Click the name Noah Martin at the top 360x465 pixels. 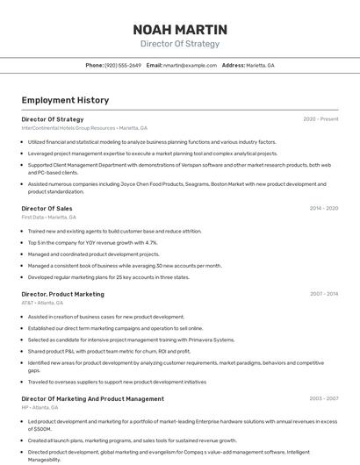click(180, 29)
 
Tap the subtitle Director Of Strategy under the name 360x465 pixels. click(180, 44)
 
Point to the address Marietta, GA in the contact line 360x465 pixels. click(259, 65)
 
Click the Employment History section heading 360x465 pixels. click(65, 100)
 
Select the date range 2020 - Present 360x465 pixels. click(320, 118)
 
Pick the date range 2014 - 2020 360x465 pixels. click(324, 208)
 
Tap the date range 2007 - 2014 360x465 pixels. click(324, 294)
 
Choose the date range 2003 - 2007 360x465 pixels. click(324, 398)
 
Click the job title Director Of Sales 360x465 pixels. click(47, 208)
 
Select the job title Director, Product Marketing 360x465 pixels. click(62, 294)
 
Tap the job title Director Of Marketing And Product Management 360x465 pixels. click(92, 398)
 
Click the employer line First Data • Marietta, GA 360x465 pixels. click(48, 217)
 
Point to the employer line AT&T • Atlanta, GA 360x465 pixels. click(42, 303)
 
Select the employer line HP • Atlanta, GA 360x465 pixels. click(40, 407)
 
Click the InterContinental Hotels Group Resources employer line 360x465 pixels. click(84, 127)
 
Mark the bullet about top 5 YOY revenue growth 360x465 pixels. click(92, 242)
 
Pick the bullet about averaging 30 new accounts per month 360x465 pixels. click(125, 265)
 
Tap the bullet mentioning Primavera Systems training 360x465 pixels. click(131, 340)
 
